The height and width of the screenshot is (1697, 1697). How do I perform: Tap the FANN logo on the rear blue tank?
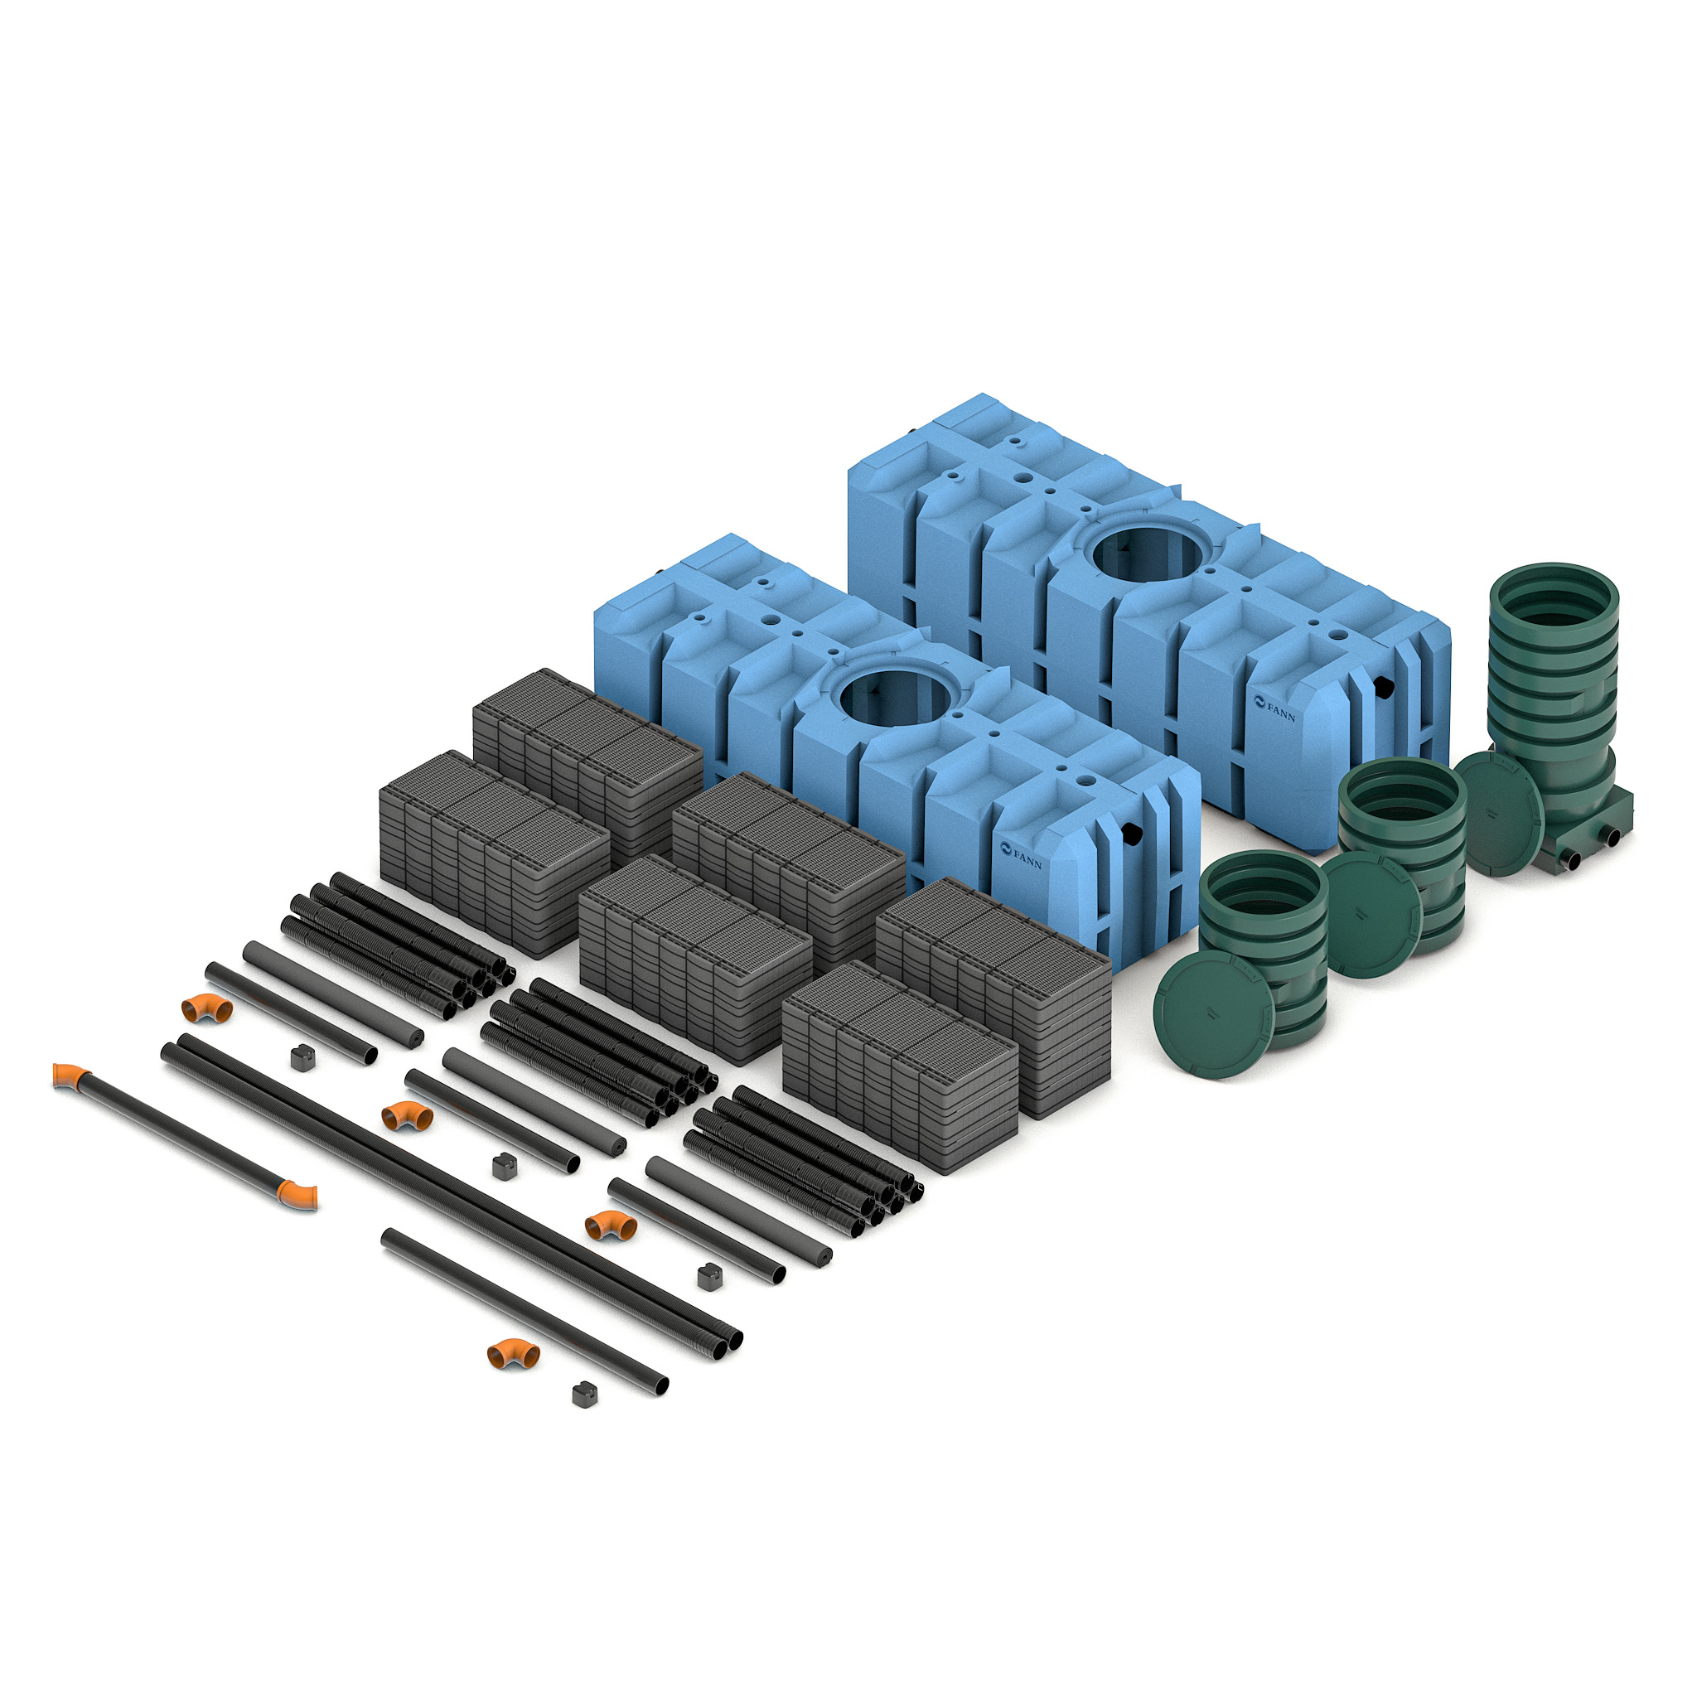pyautogui.click(x=1274, y=708)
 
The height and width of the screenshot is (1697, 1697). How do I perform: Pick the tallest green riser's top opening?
pyautogui.click(x=1554, y=605)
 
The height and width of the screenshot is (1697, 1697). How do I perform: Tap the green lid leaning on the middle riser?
pyautogui.click(x=1371, y=913)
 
